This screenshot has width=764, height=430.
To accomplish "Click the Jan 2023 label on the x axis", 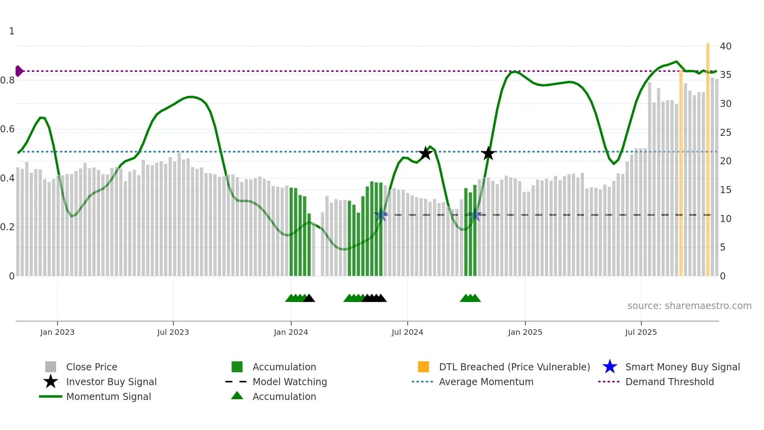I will click(57, 332).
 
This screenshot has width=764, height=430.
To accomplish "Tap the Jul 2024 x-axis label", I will click(407, 332).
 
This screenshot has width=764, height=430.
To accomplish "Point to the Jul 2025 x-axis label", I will click(641, 332).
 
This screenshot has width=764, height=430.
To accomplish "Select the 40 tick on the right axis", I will click(725, 46).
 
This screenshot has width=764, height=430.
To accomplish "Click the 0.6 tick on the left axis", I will click(8, 129).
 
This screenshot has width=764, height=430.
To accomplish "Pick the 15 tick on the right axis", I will click(725, 190).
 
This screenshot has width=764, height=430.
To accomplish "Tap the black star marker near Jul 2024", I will click(425, 153).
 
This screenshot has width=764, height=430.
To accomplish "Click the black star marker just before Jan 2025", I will click(488, 153).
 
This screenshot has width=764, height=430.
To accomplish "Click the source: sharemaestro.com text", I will click(689, 306).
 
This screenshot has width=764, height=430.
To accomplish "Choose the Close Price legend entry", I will click(92, 367).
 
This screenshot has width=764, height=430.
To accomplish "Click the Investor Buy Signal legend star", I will click(51, 382).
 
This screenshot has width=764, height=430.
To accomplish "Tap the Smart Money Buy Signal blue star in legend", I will click(610, 367).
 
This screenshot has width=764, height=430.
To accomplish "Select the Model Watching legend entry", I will click(290, 382).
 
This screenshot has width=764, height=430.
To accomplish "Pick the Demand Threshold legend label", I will click(669, 382).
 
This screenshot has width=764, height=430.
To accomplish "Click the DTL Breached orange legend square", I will click(423, 367).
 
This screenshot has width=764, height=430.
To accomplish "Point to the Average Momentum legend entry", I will click(486, 382).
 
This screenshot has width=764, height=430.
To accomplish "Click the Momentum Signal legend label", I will click(108, 396).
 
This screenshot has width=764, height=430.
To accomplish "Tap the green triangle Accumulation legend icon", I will click(237, 396).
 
